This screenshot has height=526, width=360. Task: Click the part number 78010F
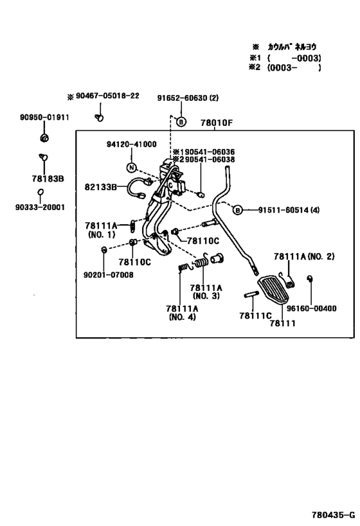point(216,123)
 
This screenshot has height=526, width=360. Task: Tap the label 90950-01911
point(44,118)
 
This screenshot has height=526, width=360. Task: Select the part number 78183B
point(48,179)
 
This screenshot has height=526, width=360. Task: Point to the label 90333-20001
point(40,207)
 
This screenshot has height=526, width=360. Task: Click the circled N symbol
point(132,168)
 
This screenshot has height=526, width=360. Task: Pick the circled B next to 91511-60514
point(238,210)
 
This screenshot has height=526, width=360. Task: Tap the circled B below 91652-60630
point(181,121)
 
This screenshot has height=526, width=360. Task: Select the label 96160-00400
point(311,308)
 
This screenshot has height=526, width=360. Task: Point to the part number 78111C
point(255,316)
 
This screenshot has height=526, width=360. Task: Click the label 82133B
point(100,187)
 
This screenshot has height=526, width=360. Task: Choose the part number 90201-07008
point(109,275)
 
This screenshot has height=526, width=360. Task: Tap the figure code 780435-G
point(333,515)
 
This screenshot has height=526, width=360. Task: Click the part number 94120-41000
point(132,145)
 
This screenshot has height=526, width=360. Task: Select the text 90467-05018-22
point(107,96)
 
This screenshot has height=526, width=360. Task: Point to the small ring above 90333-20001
point(40,192)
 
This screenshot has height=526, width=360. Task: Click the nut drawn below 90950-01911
point(44,137)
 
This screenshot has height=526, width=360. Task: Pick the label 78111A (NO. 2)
point(304,257)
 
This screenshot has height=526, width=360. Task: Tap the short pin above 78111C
point(251,295)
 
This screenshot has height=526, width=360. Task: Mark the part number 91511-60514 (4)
point(289,210)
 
